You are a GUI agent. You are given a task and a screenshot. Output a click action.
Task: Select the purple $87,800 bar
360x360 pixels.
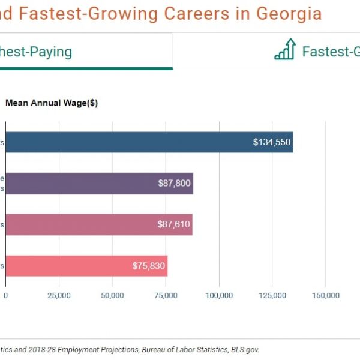pos(99,184)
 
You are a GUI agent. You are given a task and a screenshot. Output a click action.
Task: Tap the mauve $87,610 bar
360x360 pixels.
pos(99,224)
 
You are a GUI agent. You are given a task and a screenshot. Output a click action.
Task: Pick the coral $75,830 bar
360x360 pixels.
pos(86,265)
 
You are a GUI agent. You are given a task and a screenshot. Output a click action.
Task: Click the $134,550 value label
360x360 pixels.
pos(272,142)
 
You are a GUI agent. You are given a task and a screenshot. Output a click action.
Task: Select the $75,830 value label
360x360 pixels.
pos(149,265)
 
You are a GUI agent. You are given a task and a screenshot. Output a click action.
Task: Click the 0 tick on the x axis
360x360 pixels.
pos(6,295)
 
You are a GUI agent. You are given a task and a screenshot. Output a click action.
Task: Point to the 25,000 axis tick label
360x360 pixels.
pos(59,295)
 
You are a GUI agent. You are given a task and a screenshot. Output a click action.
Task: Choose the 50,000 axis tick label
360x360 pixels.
pos(113,295)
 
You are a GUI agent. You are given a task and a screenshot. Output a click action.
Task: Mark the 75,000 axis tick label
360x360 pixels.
pos(166,295)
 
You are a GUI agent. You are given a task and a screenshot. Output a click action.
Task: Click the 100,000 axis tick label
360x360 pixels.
pos(219,295)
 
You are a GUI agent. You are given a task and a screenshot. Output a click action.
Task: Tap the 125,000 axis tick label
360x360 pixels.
pos(272,295)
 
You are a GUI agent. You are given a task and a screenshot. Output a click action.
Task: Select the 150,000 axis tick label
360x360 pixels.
pos(326,295)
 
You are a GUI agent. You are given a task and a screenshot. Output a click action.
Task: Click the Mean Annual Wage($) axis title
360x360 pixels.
pos(52,103)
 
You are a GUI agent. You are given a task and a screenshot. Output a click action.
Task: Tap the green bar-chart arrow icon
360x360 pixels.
pos(285,50)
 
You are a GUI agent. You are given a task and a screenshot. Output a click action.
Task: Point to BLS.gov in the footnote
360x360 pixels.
pos(245,349)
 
